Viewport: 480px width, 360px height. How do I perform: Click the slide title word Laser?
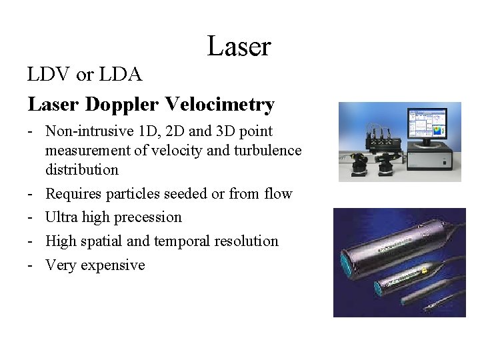[x=239, y=47]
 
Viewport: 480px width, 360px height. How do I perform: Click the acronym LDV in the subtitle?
[x=49, y=75]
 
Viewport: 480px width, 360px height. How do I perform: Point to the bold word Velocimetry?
[x=219, y=105]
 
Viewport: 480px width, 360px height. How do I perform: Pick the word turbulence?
[x=266, y=151]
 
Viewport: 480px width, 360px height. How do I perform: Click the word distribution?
[x=81, y=169]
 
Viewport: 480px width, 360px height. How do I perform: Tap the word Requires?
[x=74, y=194]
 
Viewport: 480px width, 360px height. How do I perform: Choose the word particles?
[x=135, y=194]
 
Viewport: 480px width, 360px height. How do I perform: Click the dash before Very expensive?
[x=31, y=265]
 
